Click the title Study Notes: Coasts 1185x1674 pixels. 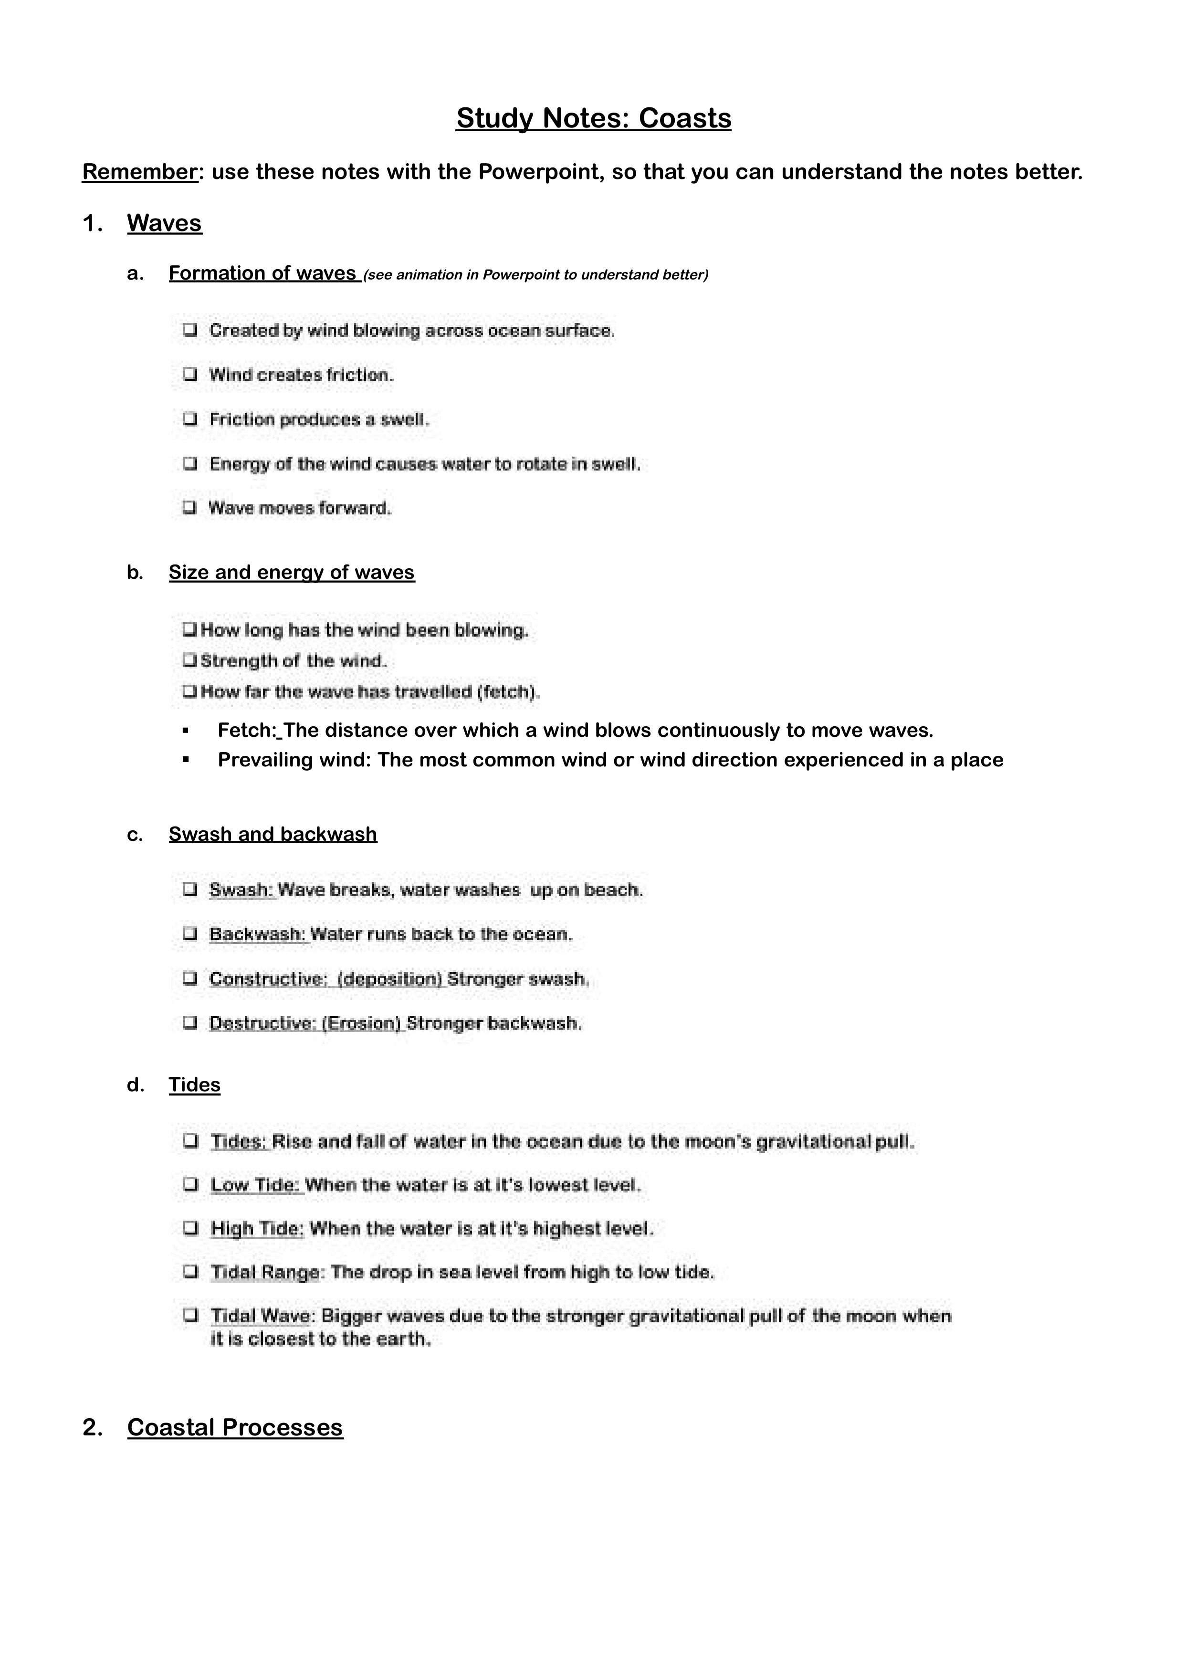pyautogui.click(x=593, y=118)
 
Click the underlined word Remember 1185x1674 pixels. pyautogui.click(x=140, y=172)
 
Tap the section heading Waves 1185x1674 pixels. pyautogui.click(x=164, y=223)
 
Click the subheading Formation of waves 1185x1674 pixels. pyautogui.click(x=262, y=273)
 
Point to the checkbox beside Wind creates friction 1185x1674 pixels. pyautogui.click(x=190, y=375)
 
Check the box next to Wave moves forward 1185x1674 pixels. pyautogui.click(x=190, y=508)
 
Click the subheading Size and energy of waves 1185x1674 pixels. pyautogui.click(x=291, y=573)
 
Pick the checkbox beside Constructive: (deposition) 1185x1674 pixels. pyautogui.click(x=190, y=978)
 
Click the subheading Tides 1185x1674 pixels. pyautogui.click(x=194, y=1085)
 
